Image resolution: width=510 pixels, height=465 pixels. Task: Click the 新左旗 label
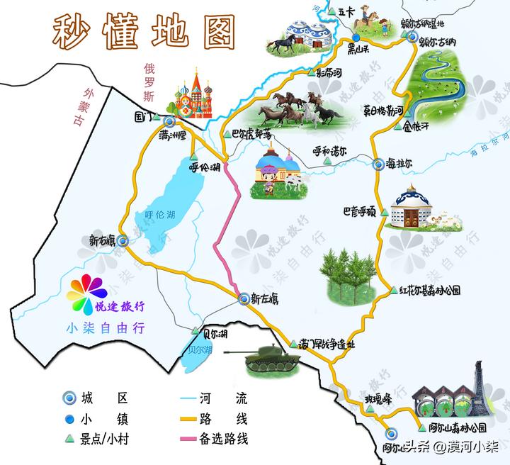[x=264, y=300]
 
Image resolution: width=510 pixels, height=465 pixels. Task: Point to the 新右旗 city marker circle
[x=123, y=241]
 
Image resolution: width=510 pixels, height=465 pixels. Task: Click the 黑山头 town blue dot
[x=355, y=39]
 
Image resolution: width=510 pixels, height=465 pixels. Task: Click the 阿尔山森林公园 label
[x=458, y=428]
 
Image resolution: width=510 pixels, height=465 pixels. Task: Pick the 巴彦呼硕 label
[x=360, y=211]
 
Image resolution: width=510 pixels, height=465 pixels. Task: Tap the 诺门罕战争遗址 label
[x=327, y=345]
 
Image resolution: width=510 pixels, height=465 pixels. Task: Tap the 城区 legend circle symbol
[x=69, y=398]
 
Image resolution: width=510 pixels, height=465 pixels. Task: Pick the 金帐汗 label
[x=416, y=129]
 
